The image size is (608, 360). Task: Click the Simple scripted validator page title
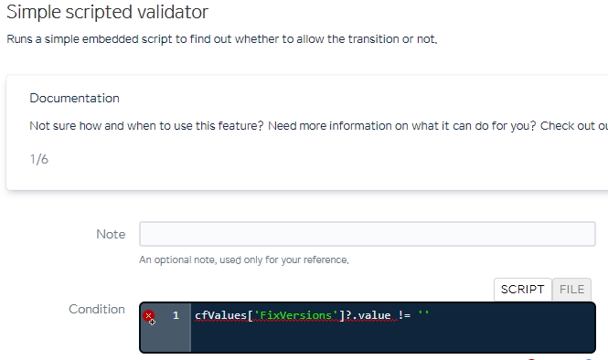(107, 12)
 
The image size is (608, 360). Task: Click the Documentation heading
(74, 98)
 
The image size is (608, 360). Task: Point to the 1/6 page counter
(39, 159)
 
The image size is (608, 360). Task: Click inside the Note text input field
(368, 234)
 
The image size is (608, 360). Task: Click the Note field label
(111, 234)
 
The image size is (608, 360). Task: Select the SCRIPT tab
(522, 290)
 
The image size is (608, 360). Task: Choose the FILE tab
(571, 290)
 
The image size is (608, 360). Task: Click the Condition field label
(97, 309)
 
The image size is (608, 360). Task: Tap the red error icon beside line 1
(148, 316)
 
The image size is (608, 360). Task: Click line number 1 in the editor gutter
(176, 315)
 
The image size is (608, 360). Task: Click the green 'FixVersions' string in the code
(296, 315)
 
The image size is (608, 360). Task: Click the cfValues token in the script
(220, 315)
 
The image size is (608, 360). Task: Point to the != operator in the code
(404, 315)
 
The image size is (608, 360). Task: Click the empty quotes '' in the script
(423, 313)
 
